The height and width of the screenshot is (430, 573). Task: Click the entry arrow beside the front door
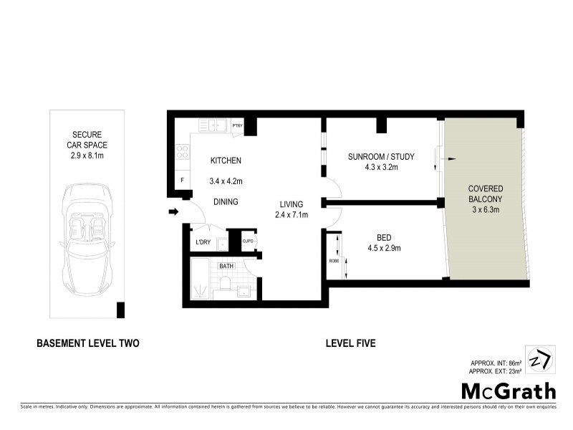tap(173, 211)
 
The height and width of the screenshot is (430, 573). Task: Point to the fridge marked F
tap(183, 180)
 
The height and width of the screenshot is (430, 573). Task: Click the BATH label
tap(227, 267)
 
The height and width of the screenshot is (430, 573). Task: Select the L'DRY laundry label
tap(203, 242)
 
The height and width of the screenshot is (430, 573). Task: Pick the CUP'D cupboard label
tap(248, 242)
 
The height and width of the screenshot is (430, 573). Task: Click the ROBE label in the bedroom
tap(334, 261)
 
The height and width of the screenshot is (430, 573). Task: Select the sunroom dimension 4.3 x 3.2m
tap(381, 167)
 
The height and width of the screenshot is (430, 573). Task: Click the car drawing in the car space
tap(87, 233)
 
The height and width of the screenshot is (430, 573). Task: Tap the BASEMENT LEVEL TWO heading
tap(87, 344)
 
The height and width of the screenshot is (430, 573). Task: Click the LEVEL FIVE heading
tap(350, 344)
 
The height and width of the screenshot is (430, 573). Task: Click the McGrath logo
tap(507, 391)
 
